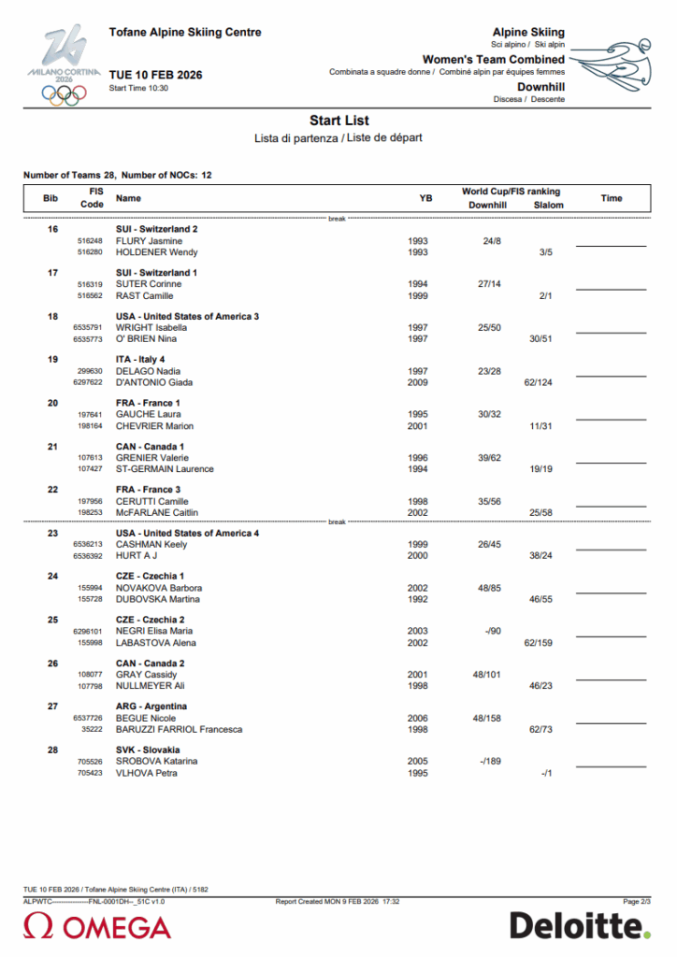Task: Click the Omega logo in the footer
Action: [97, 927]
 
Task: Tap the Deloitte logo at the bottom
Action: [580, 926]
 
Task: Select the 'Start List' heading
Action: [338, 121]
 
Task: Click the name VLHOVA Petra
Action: [147, 773]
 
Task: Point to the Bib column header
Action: [50, 198]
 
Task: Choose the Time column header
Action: [611, 198]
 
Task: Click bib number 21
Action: [52, 447]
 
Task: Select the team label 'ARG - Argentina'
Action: [151, 707]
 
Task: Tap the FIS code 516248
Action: [90, 241]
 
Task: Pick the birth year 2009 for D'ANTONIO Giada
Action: [418, 382]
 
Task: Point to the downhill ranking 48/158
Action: [490, 718]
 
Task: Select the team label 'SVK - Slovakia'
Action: [148, 750]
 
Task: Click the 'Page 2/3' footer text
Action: [638, 901]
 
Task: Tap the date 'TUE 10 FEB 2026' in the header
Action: [155, 75]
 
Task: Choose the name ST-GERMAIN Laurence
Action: [165, 469]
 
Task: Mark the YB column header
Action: [425, 198]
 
